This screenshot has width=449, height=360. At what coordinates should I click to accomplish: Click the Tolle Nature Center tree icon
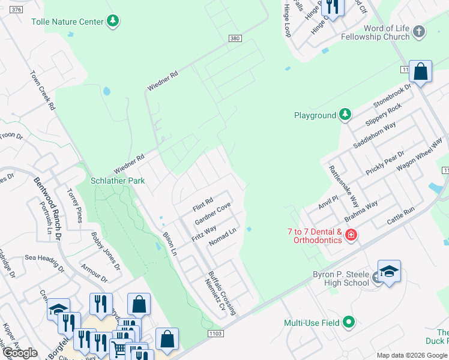(x=112, y=22)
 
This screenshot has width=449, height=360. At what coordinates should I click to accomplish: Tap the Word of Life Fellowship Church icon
(x=419, y=32)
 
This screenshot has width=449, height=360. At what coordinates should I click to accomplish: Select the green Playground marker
(x=345, y=115)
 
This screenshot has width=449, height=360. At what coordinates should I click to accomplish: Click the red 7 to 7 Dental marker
(x=351, y=236)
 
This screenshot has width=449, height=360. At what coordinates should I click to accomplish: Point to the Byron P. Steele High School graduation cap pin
(x=388, y=272)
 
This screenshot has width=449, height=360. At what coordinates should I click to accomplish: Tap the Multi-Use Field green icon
(x=348, y=322)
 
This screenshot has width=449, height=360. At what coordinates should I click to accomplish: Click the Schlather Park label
(x=118, y=181)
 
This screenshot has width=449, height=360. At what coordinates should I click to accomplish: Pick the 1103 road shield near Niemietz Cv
(x=216, y=333)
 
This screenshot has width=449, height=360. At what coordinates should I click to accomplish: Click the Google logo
(x=20, y=353)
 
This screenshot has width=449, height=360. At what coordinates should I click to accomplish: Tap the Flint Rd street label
(x=203, y=204)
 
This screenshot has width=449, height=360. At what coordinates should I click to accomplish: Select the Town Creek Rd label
(x=43, y=91)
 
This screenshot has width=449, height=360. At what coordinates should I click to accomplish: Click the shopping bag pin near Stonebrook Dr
(x=421, y=71)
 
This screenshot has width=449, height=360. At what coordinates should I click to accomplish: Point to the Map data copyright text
(x=412, y=355)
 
